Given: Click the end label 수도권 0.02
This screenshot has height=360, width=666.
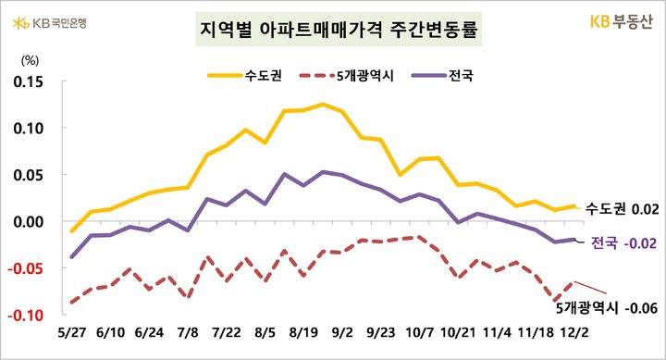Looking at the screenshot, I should click(622, 210).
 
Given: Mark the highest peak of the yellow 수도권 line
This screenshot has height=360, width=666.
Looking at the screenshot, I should click(323, 104).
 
